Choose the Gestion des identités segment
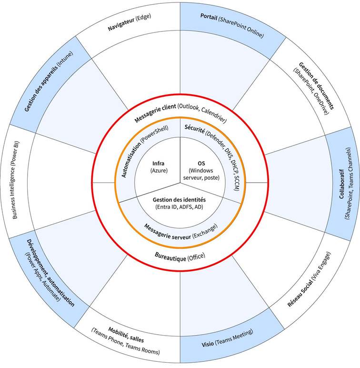tap(180, 203)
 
